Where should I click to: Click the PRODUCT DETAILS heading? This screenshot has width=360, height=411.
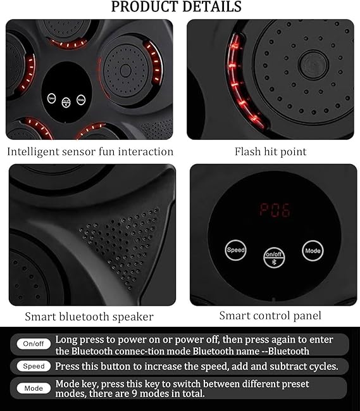coord(177,7)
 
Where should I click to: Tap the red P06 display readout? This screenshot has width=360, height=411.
coord(275,210)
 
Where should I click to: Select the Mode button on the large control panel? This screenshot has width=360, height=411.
coord(313,250)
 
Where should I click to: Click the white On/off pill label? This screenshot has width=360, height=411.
coord(34,344)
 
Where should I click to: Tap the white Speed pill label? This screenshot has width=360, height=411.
coord(34,366)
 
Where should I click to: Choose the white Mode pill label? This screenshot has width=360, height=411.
coord(34,388)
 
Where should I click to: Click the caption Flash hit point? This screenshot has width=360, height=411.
coord(270,151)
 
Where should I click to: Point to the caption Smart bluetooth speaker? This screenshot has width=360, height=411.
coord(89,316)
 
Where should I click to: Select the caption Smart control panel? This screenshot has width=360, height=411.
coord(270,315)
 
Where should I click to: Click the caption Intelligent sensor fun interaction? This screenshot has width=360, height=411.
coord(90,151)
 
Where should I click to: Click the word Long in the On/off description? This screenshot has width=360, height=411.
coord(67,339)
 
